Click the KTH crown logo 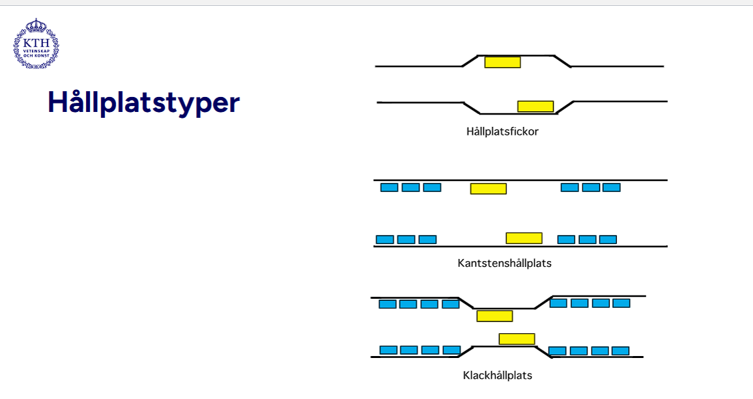(36, 44)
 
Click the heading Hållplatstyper (144, 103)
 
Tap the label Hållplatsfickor (502, 131)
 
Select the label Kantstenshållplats (505, 264)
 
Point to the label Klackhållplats (498, 376)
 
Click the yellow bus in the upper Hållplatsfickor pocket (502, 62)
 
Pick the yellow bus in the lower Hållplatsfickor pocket (535, 106)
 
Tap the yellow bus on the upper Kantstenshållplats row (489, 189)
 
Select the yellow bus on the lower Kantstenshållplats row (524, 238)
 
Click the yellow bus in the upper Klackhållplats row (494, 316)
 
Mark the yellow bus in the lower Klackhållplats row (517, 339)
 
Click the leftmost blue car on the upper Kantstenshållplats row (389, 187)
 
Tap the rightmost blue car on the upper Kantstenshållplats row (611, 187)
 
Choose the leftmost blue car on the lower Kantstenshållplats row (385, 240)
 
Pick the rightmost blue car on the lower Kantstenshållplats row (608, 240)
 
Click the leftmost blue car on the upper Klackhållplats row (388, 304)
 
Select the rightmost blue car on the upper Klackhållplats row (621, 303)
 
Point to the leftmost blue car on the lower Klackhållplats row (388, 350)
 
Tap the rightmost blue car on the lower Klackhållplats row (621, 351)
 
